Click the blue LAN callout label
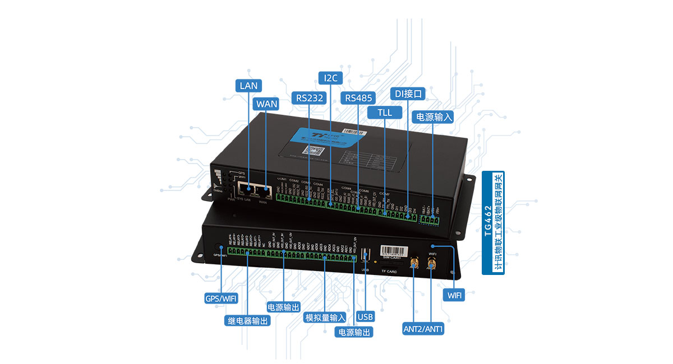(x=248, y=86)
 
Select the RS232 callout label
(x=310, y=98)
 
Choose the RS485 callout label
(x=358, y=98)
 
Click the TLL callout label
(x=385, y=113)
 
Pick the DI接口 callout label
(x=408, y=93)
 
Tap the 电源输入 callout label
(x=432, y=117)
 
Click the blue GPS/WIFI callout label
(x=220, y=298)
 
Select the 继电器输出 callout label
(x=247, y=321)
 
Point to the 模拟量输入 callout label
(x=325, y=318)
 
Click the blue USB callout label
(x=365, y=317)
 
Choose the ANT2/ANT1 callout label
(x=423, y=329)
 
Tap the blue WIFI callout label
(x=454, y=295)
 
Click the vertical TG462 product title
(x=494, y=222)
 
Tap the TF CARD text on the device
(x=389, y=272)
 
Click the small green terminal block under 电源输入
(x=430, y=220)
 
